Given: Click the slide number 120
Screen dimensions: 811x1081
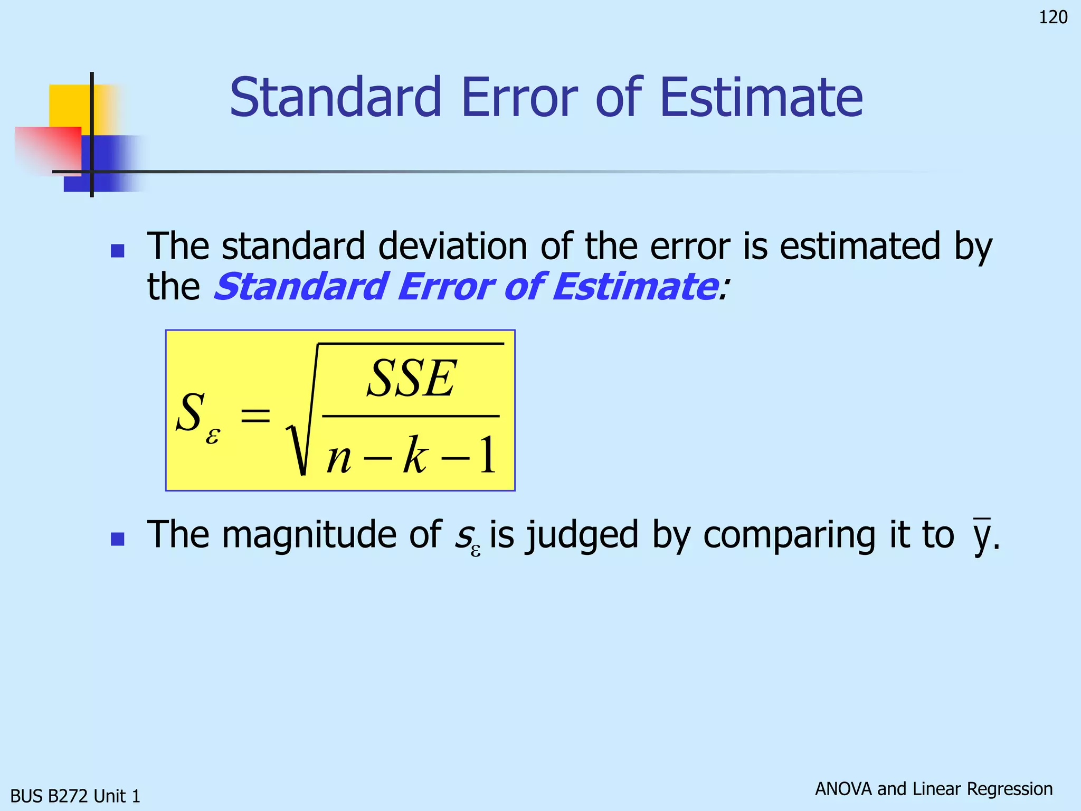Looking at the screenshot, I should (1052, 17).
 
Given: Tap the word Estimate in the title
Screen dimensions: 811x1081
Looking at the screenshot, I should (761, 98).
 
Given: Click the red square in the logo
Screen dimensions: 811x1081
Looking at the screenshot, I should (48, 149).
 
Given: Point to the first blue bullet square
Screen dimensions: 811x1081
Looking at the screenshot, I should (117, 250).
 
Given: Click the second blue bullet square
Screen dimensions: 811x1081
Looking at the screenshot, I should (117, 539).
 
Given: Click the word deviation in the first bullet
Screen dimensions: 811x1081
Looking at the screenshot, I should (452, 246).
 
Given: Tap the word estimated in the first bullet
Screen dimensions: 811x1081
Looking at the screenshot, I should (859, 246).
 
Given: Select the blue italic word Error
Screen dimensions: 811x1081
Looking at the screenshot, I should (444, 287).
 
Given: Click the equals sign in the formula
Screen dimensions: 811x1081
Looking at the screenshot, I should (255, 416).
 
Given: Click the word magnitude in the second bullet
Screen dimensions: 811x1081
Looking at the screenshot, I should (309, 535).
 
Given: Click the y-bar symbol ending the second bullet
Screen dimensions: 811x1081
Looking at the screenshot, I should (982, 536).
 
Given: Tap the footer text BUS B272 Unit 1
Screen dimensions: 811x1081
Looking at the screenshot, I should (75, 796).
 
